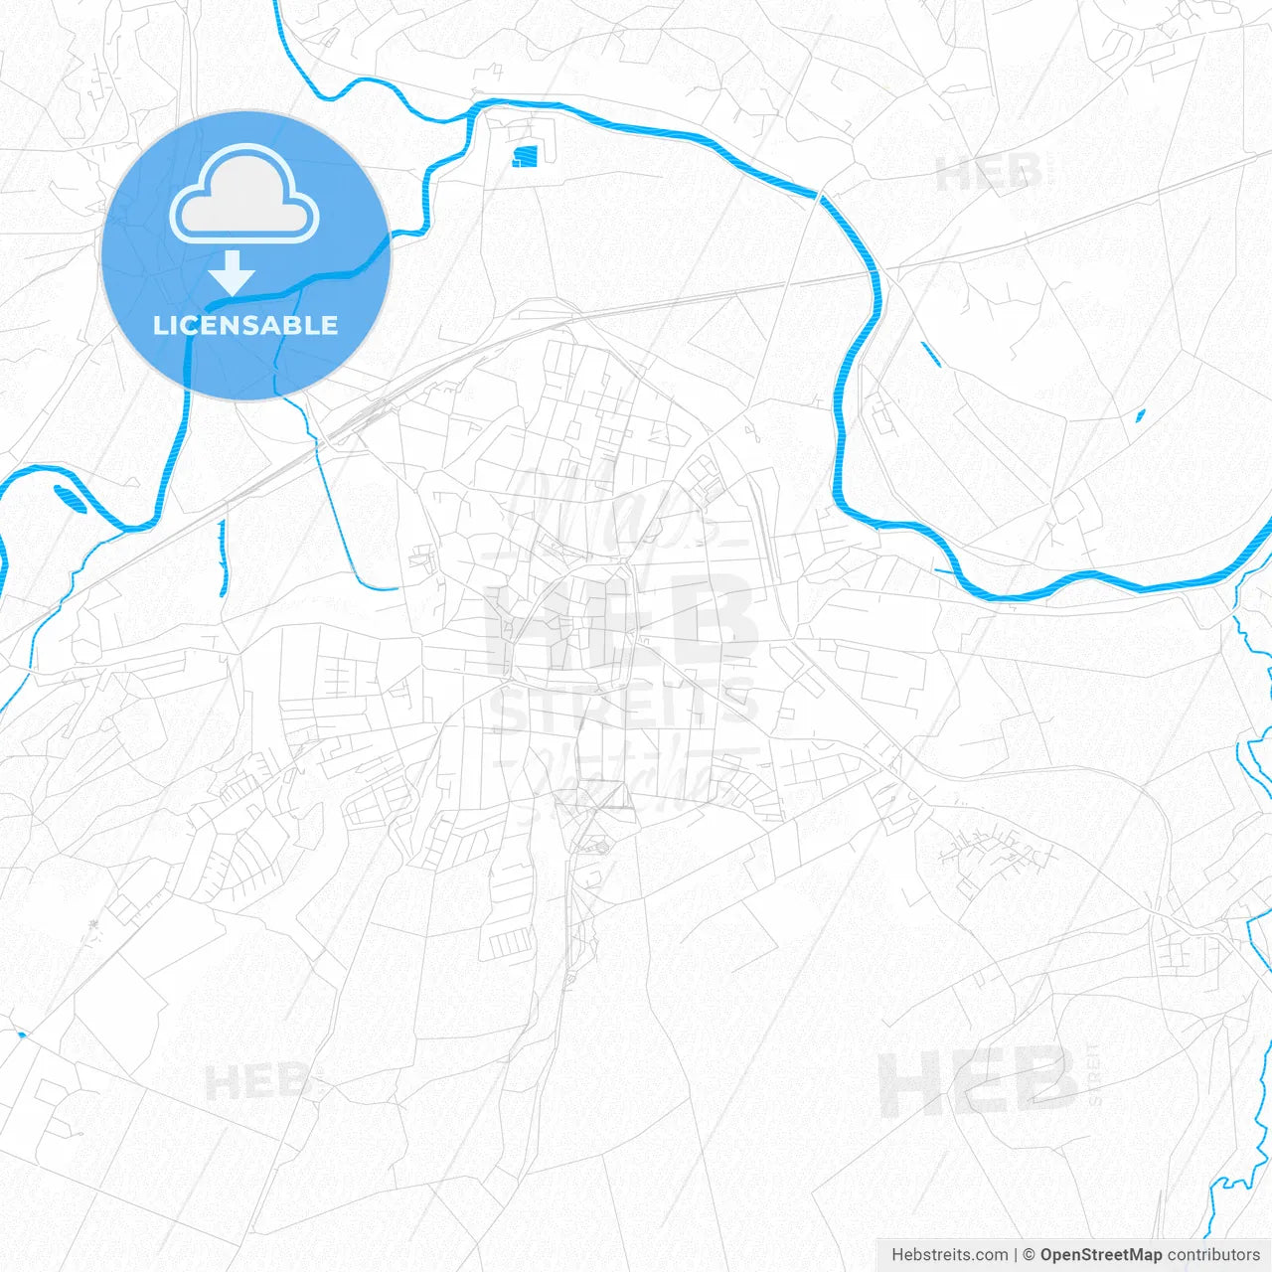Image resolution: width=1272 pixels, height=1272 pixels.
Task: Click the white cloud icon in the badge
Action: point(244,196)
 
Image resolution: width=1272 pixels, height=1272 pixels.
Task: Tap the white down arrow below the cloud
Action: point(233,272)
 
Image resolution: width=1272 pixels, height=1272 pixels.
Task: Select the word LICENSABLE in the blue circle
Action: point(245,325)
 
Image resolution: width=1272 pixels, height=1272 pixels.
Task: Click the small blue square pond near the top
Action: point(525,155)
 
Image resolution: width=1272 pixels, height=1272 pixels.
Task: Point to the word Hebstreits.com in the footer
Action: point(950,1255)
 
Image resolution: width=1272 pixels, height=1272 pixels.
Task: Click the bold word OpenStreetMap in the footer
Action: point(1100,1255)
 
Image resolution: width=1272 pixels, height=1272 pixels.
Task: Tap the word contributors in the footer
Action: point(1213,1255)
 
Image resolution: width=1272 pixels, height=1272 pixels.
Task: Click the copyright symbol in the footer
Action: point(1030,1255)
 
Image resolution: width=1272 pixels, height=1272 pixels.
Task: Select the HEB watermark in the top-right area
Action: point(989,175)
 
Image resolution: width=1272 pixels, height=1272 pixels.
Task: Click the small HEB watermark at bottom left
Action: point(256,1082)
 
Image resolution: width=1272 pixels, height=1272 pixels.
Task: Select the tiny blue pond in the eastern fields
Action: point(1140,416)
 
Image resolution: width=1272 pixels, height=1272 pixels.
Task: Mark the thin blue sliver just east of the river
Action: point(929,355)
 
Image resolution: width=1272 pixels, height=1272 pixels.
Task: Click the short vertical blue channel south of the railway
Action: point(223,558)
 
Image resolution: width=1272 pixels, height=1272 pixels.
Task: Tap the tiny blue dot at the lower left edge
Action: point(21,1035)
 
